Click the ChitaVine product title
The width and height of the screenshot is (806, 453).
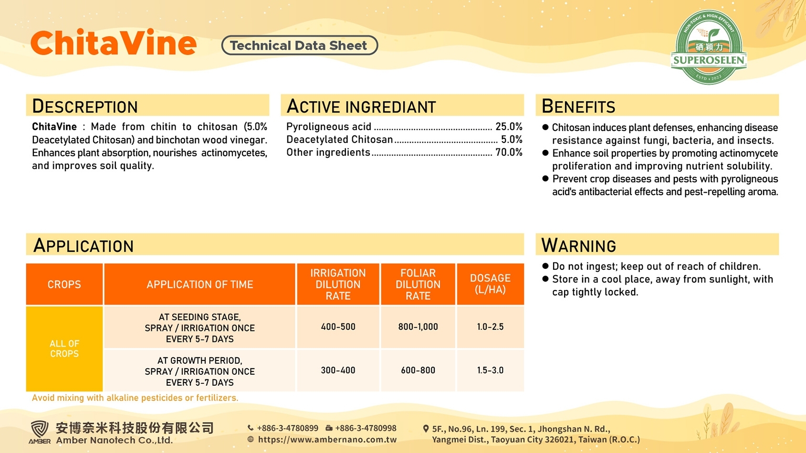(x=114, y=43)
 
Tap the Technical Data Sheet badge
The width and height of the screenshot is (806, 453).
(x=299, y=45)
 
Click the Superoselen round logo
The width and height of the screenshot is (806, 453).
(x=709, y=47)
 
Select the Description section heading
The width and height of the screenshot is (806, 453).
(x=85, y=106)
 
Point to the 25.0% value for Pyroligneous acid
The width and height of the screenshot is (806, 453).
(x=509, y=126)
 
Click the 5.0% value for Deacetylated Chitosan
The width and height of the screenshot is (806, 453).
(x=512, y=140)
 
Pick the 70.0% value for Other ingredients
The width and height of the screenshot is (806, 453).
(x=509, y=153)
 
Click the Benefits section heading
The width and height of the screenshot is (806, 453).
(x=578, y=106)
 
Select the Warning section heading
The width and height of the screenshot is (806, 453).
(x=578, y=245)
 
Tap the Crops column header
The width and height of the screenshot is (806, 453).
(x=64, y=284)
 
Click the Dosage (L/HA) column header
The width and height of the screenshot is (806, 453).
(x=491, y=284)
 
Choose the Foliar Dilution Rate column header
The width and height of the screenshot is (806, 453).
(x=418, y=284)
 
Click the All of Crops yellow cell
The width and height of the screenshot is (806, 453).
(x=64, y=349)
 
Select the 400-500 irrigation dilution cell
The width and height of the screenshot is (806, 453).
(x=338, y=327)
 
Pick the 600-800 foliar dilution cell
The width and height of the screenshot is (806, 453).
(x=418, y=371)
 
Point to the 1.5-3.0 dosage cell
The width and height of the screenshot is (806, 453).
(x=491, y=371)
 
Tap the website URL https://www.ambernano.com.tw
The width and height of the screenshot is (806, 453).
(x=327, y=439)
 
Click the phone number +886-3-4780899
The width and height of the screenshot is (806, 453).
(x=287, y=428)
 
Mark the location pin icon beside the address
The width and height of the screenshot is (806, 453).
(x=426, y=429)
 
